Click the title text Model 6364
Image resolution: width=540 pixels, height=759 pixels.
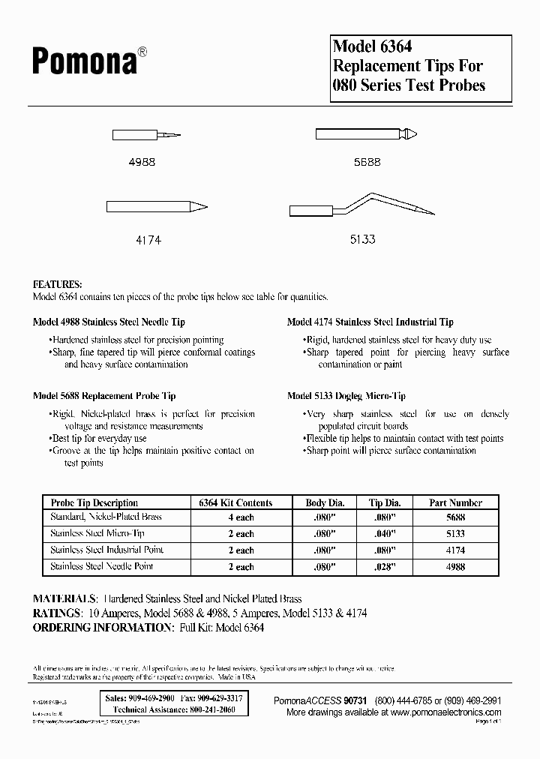pyautogui.click(x=372, y=47)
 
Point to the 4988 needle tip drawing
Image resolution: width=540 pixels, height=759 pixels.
pyautogui.click(x=146, y=136)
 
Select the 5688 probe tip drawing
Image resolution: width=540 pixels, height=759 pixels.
pyautogui.click(x=367, y=134)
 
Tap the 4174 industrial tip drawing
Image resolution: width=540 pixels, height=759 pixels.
pyautogui.click(x=156, y=206)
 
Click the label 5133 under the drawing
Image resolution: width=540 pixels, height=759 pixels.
pyautogui.click(x=362, y=240)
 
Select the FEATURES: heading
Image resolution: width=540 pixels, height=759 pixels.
pyautogui.click(x=58, y=285)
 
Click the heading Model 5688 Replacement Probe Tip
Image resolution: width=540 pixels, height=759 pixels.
pyautogui.click(x=104, y=396)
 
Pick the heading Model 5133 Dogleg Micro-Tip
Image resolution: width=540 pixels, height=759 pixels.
pyautogui.click(x=346, y=396)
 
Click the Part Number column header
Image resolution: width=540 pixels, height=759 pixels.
pyautogui.click(x=455, y=502)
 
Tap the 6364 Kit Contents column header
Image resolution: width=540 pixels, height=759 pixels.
pyautogui.click(x=235, y=502)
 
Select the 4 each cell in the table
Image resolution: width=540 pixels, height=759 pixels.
pyautogui.click(x=241, y=517)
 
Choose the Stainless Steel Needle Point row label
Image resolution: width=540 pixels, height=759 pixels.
pyautogui.click(x=101, y=566)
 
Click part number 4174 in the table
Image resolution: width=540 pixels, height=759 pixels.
pyautogui.click(x=455, y=550)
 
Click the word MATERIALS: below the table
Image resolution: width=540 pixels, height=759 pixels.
pyautogui.click(x=64, y=599)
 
